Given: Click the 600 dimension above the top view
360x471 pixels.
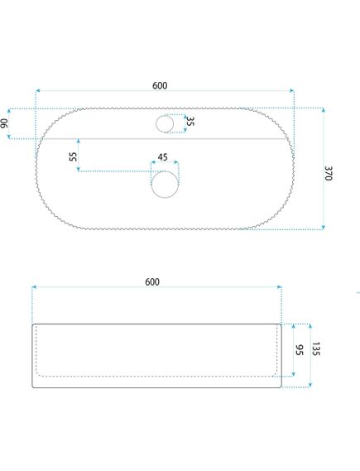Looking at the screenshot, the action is click(160, 85).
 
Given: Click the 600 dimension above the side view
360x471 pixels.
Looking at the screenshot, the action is click(152, 282).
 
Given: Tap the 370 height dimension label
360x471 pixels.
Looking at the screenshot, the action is click(329, 173).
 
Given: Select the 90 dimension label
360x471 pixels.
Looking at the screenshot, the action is click(4, 123).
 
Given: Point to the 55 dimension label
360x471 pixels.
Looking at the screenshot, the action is click(73, 156).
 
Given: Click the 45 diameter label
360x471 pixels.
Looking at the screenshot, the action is click(162, 157).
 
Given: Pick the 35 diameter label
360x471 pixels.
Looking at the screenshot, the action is click(190, 122).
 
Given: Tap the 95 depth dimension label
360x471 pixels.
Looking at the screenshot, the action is click(299, 350).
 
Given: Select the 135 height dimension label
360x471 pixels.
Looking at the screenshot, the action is click(315, 348).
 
